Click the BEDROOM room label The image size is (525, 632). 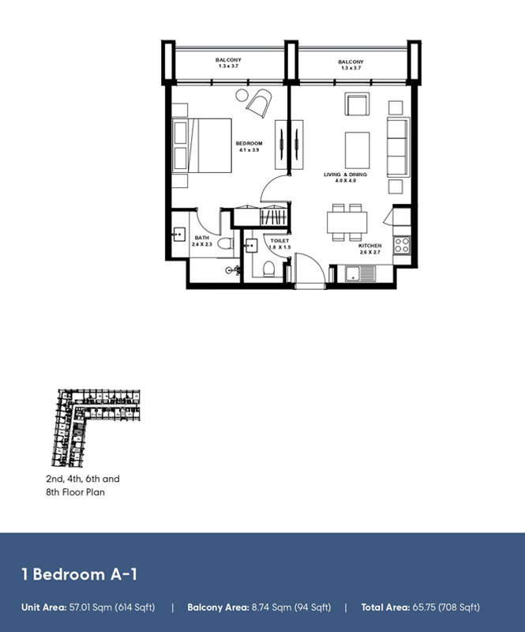point(249,143)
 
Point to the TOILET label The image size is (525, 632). point(279,241)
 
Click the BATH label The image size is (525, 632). point(202,238)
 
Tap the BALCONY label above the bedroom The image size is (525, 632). point(228,60)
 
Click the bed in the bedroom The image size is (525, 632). point(201,145)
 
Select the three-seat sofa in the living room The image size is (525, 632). point(396,149)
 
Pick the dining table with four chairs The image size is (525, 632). point(347,223)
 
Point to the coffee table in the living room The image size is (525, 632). point(357,150)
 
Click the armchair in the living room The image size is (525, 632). point(357,105)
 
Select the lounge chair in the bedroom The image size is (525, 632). point(259,101)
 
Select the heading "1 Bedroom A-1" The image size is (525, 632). point(79,574)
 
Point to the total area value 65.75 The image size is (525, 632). point(429,608)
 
